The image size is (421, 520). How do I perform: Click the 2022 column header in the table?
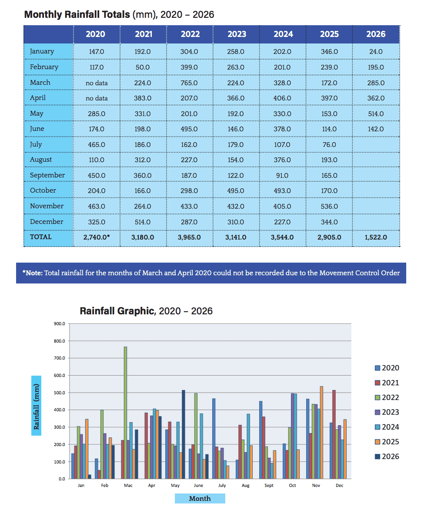tap(190, 34)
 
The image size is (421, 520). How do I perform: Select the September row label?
tap(47, 175)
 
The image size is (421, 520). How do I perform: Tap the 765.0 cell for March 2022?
tap(189, 83)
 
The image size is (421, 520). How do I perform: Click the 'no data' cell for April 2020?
tap(97, 98)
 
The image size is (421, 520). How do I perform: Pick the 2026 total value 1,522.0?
tap(376, 237)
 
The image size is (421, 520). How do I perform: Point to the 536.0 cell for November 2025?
tap(329, 206)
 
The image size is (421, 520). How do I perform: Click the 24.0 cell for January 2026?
tap(376, 52)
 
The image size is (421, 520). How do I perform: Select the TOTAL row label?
tap(41, 237)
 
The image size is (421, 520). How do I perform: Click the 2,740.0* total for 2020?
tap(97, 237)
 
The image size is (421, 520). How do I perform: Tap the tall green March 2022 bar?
tap(125, 413)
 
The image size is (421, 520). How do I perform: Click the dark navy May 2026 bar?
tap(184, 434)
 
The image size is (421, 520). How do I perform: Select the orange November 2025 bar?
tap(321, 433)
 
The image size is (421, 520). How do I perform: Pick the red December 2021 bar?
tap(334, 434)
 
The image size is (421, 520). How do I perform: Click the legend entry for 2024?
tap(387, 427)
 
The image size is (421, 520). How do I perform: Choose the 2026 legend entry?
tap(387, 457)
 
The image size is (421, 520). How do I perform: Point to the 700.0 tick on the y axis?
tap(60, 358)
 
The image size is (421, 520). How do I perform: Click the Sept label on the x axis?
tap(269, 486)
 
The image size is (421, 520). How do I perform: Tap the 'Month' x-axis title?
tap(200, 498)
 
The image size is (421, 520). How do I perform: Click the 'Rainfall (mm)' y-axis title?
tap(36, 407)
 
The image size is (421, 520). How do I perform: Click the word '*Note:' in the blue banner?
tap(33, 273)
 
